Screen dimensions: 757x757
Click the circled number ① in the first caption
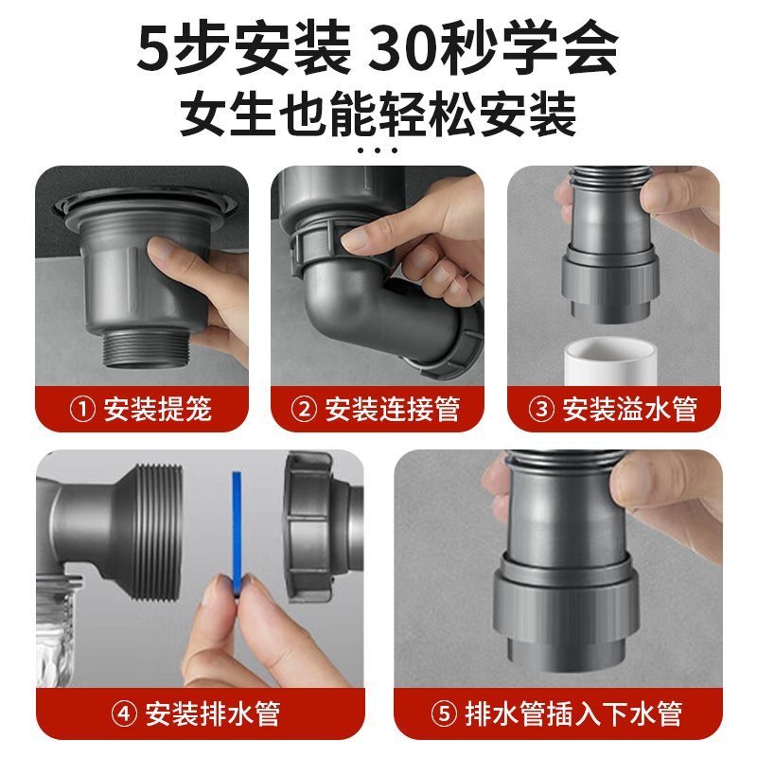click(x=82, y=410)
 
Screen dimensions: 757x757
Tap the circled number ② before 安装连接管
click(x=304, y=410)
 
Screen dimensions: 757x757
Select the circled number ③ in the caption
click(x=541, y=410)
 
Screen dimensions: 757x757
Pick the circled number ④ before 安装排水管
click(x=125, y=713)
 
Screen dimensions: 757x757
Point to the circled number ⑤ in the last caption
click(x=444, y=713)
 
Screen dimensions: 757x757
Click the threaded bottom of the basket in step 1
click(x=146, y=347)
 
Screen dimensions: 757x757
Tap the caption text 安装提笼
click(x=157, y=410)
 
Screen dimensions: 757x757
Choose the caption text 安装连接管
click(x=392, y=410)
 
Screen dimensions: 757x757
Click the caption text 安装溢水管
click(x=629, y=410)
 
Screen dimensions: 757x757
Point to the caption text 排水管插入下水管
click(x=573, y=713)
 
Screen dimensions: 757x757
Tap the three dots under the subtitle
click(x=378, y=150)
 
